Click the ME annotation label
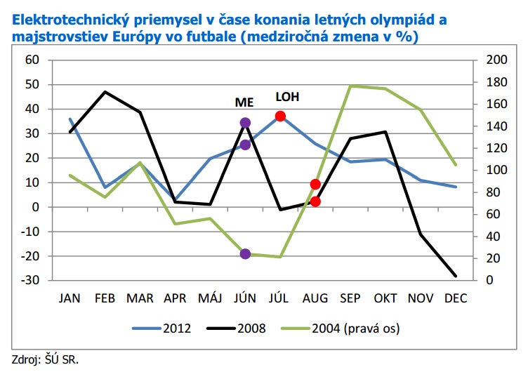(x=244, y=101)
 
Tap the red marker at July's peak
(x=280, y=116)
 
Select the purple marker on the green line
(x=245, y=253)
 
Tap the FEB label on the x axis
(x=105, y=298)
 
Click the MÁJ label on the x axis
(x=210, y=298)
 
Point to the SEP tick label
(x=350, y=298)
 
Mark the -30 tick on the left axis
(x=30, y=281)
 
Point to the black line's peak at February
(x=105, y=92)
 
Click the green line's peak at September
(x=350, y=86)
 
